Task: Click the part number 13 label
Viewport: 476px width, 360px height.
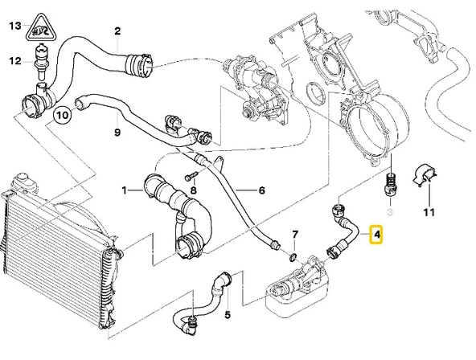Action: click(x=14, y=27)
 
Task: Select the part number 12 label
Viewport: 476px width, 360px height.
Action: click(x=14, y=60)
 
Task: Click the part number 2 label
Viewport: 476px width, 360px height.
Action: click(x=117, y=31)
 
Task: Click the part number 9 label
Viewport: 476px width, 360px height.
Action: click(x=117, y=133)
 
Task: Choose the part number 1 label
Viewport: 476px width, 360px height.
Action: click(x=125, y=190)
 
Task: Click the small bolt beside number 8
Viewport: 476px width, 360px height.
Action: click(x=189, y=176)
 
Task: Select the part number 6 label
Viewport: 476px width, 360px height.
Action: click(x=261, y=190)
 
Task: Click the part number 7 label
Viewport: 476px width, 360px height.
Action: click(x=295, y=235)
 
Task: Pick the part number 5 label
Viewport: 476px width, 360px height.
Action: click(x=228, y=314)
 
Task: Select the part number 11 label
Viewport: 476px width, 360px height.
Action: click(x=429, y=212)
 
